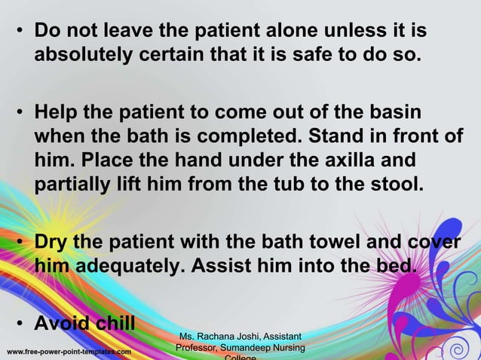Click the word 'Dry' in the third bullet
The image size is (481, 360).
click(x=53, y=243)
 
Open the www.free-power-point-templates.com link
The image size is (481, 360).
click(x=69, y=351)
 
